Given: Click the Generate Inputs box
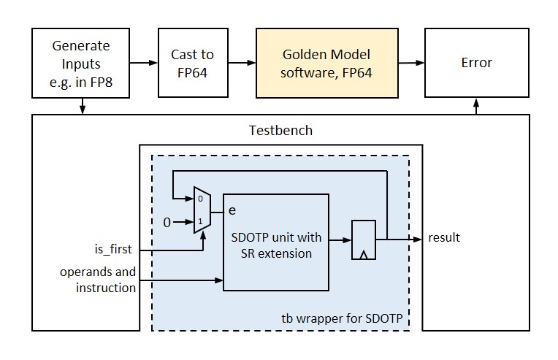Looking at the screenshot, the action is click(81, 63).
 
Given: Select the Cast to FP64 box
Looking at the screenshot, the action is click(193, 63).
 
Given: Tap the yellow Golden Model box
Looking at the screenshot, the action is click(326, 63).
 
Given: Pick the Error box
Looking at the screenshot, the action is click(477, 63).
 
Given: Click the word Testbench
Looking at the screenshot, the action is click(280, 131).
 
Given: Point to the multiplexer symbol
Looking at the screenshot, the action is click(202, 210).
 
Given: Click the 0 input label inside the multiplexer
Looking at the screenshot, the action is click(200, 199).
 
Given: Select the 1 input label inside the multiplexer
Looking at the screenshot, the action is click(200, 221).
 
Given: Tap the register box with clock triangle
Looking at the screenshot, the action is click(363, 240).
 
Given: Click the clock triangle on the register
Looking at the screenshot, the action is click(363, 255).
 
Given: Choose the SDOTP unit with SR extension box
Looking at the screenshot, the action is click(276, 242).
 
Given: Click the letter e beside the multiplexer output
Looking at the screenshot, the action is click(232, 210).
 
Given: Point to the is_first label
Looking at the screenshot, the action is click(113, 249).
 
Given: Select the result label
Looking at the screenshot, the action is click(444, 237).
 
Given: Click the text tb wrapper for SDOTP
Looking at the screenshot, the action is click(342, 318).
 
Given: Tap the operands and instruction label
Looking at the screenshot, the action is click(98, 280).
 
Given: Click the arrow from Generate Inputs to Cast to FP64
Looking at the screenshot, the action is click(144, 63).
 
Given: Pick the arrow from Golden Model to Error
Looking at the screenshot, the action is click(411, 63).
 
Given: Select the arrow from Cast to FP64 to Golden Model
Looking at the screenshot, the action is click(242, 63).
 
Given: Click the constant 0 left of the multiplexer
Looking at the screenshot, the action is click(167, 223).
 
